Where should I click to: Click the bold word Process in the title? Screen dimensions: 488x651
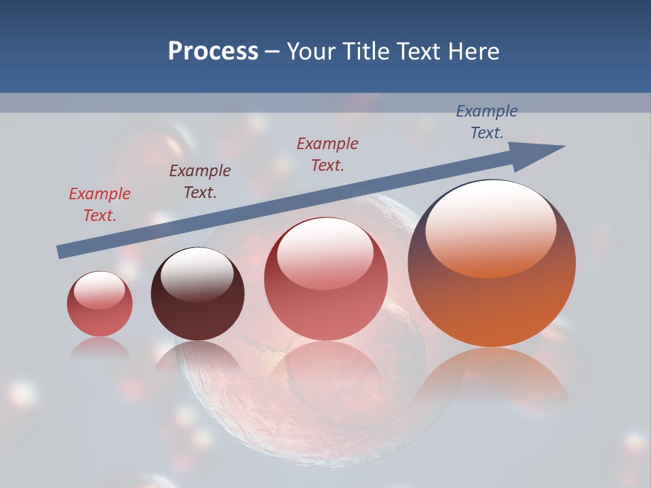click(x=213, y=52)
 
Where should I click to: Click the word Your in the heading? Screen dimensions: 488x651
click(x=312, y=52)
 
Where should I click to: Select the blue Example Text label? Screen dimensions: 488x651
click(x=486, y=122)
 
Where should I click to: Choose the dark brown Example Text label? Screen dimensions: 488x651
click(x=200, y=182)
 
